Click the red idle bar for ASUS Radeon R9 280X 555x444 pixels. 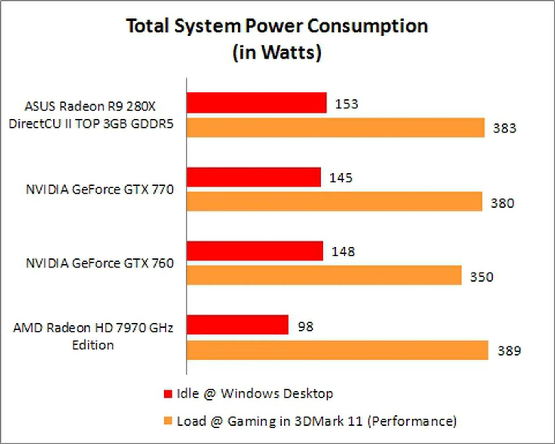tap(256, 103)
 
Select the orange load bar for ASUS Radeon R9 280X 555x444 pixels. tap(335, 127)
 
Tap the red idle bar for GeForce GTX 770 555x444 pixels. tap(254, 177)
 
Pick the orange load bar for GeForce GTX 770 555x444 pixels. tap(334, 201)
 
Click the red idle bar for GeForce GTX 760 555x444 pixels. tap(255, 251)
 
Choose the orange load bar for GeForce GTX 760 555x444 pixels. tap(324, 275)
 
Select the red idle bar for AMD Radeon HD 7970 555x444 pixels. tap(237, 325)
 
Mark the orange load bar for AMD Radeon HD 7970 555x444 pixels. tap(337, 350)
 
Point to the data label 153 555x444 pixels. tap(346, 104)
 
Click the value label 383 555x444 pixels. tap(504, 128)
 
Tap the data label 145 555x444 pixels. tap(341, 178)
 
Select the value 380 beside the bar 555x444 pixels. tap(502, 203)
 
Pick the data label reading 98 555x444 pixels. tap(306, 327)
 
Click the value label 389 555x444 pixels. tap(509, 351)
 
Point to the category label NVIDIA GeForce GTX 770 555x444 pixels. tap(100, 190)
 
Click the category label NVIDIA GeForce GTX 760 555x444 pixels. tap(100, 263)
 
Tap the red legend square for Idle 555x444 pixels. tap(168, 394)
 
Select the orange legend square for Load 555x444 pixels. tap(168, 421)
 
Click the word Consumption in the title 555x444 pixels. tap(367, 27)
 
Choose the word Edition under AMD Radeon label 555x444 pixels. tap(93, 345)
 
